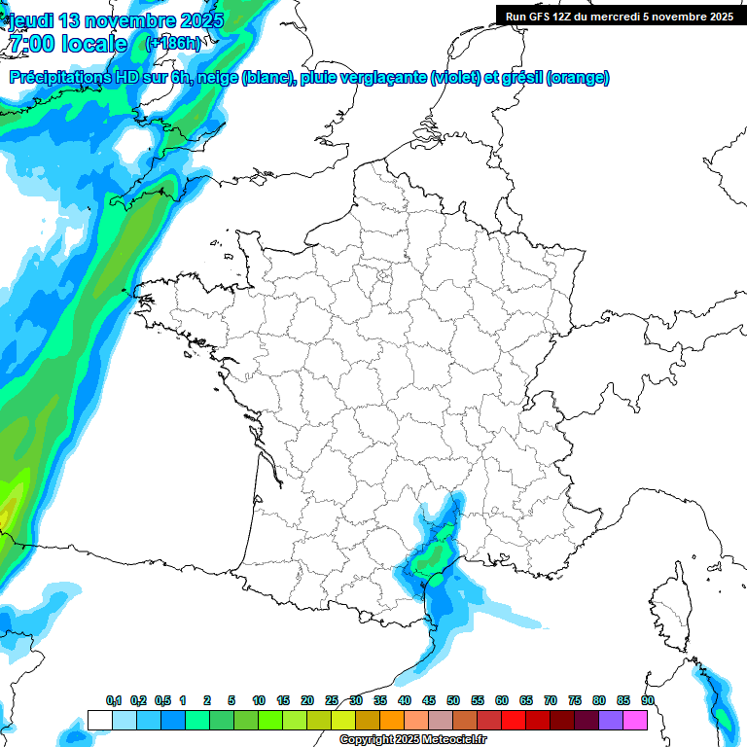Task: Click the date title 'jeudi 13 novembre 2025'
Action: [116, 20]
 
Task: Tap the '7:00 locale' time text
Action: [67, 44]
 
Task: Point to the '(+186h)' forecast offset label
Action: [172, 44]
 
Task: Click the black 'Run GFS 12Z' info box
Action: [619, 16]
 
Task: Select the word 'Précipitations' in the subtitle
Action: [59, 78]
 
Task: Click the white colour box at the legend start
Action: [99, 720]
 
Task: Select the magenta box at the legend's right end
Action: [635, 720]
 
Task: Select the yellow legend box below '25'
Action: [343, 720]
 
